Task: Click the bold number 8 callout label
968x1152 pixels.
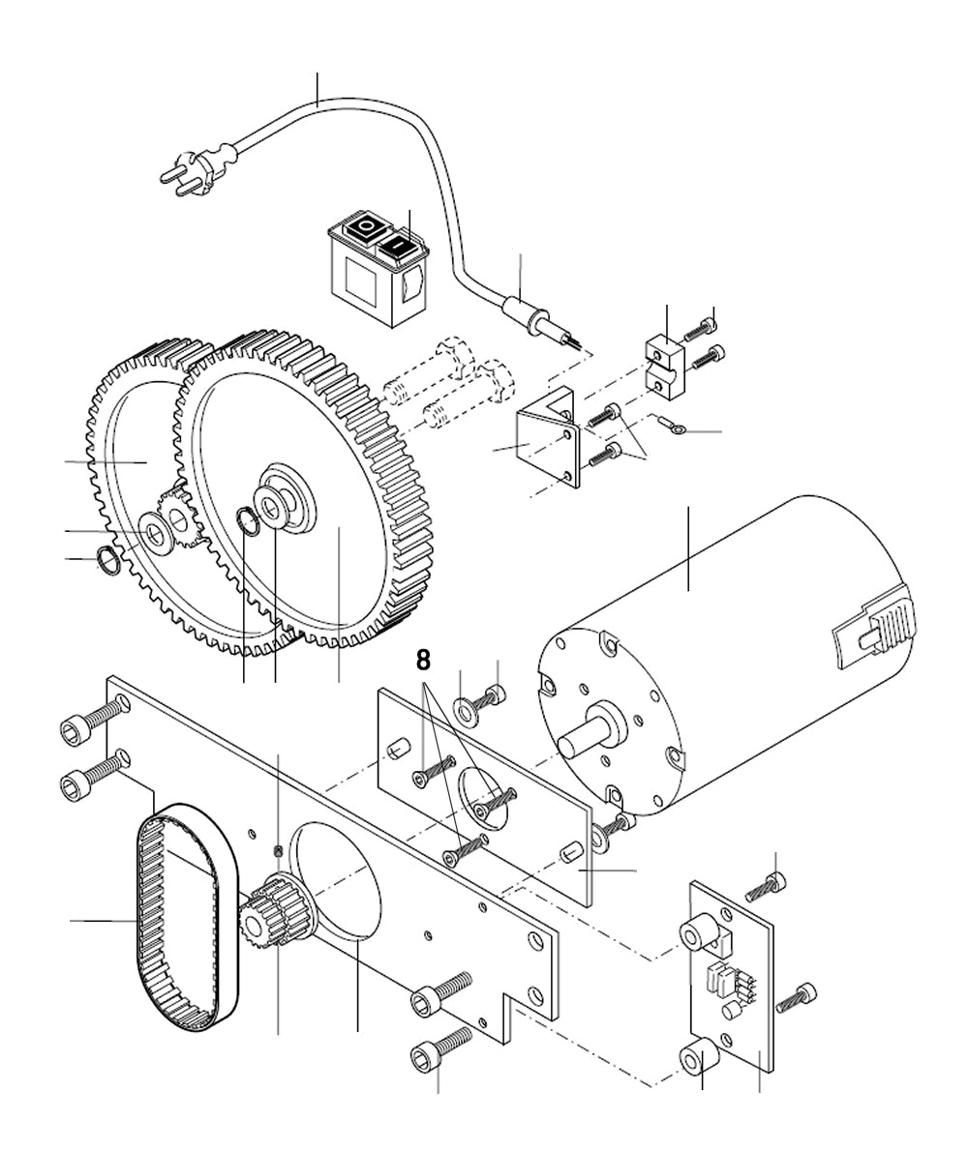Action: [423, 661]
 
